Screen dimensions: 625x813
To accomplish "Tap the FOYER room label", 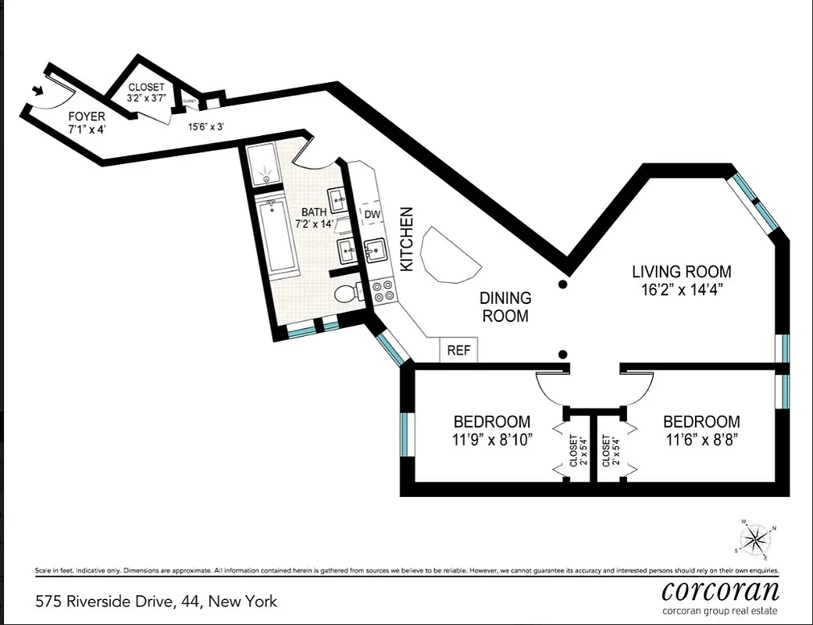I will (86, 117).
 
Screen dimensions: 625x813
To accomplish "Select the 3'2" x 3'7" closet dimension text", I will (148, 99).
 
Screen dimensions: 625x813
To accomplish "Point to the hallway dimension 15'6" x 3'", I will (206, 125).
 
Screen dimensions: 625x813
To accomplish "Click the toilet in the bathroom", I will (347, 294).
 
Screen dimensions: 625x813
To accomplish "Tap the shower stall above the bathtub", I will (267, 164).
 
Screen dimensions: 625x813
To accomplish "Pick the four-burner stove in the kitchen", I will (383, 291).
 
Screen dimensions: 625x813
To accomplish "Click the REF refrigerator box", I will (458, 351).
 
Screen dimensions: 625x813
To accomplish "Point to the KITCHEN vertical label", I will (406, 239).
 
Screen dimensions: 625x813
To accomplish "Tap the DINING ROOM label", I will (505, 307).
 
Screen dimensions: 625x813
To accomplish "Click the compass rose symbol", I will (754, 539).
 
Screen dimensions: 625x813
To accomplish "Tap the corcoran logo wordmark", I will (719, 590).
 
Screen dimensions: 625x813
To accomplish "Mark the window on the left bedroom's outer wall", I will (405, 435).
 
